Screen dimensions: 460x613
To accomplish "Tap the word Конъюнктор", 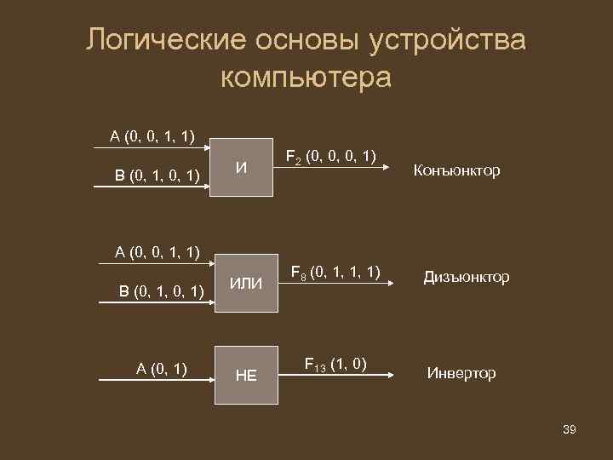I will [456, 171].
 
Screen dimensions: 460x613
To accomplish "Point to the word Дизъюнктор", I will [467, 278].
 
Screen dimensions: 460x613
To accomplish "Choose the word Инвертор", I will [461, 373].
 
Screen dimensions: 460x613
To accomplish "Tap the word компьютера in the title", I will [306, 77].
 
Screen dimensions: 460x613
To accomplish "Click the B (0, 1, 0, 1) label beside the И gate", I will [158, 175].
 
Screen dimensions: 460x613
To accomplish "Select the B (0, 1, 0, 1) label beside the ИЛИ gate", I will [161, 292].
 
